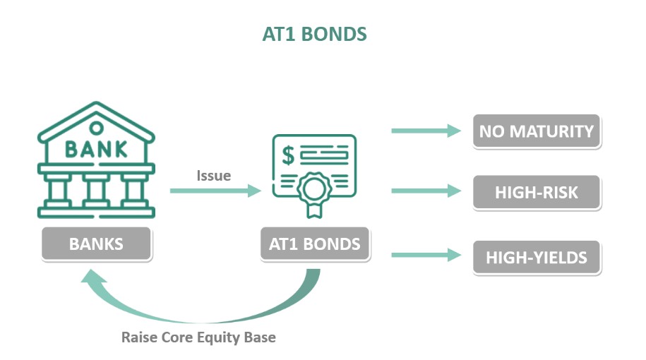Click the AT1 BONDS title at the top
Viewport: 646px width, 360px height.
314,34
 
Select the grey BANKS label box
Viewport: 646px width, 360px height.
97,244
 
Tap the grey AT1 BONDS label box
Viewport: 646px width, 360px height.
315,244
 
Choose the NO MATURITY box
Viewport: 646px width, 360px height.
537,131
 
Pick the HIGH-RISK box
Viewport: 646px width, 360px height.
537,192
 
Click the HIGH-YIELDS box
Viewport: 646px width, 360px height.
537,258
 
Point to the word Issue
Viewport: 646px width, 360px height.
213,176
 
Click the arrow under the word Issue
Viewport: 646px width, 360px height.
215,191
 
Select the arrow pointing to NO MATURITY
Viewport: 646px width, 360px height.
426,131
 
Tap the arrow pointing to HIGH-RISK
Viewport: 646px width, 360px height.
426,191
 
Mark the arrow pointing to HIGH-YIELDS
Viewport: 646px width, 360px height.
426,255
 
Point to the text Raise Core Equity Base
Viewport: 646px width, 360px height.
198,337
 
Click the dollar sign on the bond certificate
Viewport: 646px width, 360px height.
288,155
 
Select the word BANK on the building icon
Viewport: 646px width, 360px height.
97,149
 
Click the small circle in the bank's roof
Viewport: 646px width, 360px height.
97,128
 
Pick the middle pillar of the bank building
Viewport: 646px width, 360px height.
97,191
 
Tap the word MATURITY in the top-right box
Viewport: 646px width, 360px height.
551,131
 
